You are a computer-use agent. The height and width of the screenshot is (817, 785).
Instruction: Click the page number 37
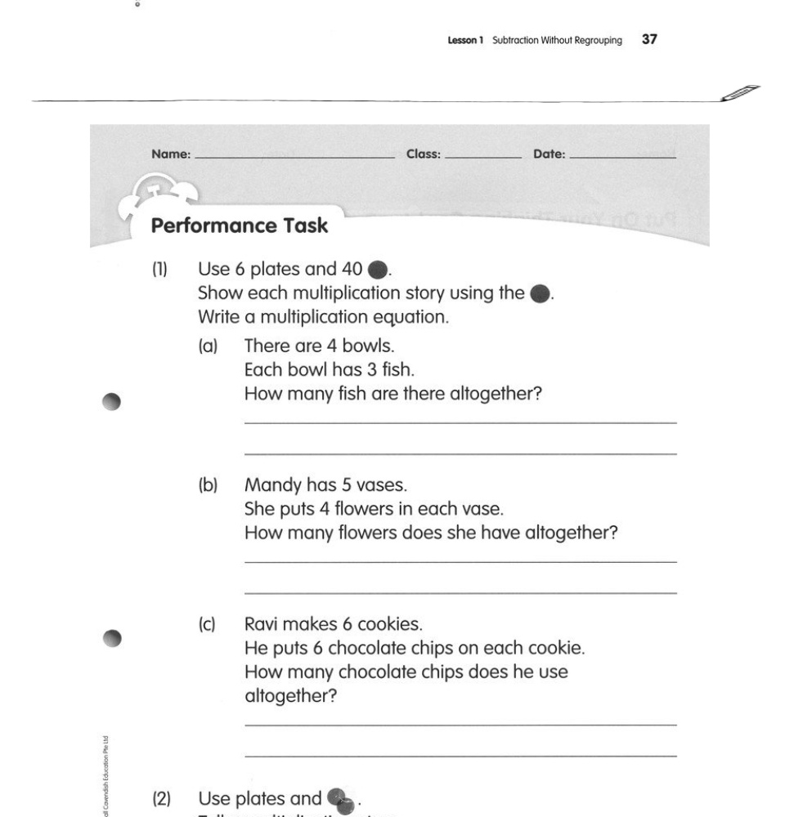tap(650, 39)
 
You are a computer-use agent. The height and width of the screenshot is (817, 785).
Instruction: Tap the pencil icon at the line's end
tap(740, 93)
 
